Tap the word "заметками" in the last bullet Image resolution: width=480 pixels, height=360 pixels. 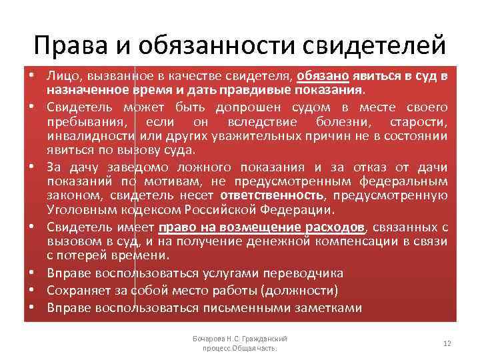tap(327, 308)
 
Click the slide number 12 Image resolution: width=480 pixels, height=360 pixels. tap(447, 343)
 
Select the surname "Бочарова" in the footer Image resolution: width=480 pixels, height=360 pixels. tap(209, 339)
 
